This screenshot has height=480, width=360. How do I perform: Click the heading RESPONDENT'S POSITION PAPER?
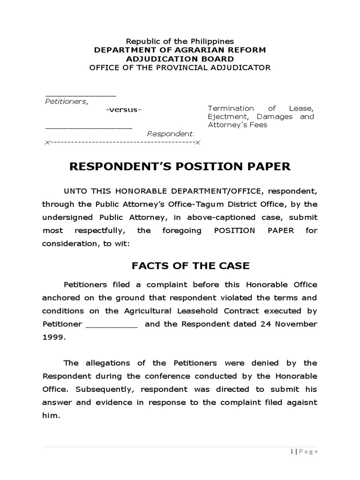[180, 166]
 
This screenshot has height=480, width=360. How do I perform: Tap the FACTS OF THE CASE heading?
[190, 266]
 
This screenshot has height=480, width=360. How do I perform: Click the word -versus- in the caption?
[123, 110]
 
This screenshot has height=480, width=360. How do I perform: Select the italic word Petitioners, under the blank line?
[66, 101]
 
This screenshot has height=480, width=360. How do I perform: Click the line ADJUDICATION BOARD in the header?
[180, 59]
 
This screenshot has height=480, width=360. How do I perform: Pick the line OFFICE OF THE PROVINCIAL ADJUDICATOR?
[180, 67]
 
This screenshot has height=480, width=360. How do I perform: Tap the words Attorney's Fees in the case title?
[238, 125]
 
